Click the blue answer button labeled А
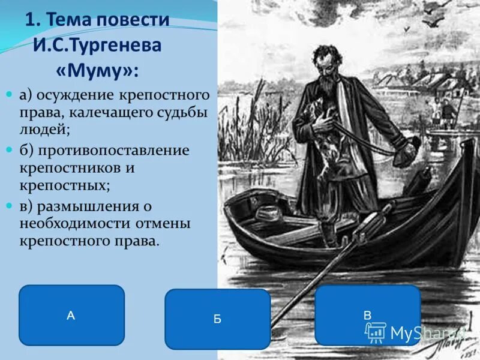pyautogui.click(x=71, y=315)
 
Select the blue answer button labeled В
pyautogui.click(x=367, y=315)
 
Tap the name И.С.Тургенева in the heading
pyautogui.click(x=97, y=46)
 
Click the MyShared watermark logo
pyautogui.click(x=414, y=332)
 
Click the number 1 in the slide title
pyautogui.click(x=31, y=20)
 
